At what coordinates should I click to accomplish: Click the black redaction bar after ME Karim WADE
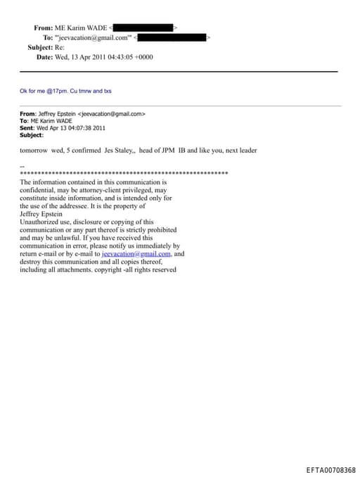[x=143, y=27]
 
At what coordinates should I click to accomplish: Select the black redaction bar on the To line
[x=172, y=37]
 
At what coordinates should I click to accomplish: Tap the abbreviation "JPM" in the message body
[x=173, y=151]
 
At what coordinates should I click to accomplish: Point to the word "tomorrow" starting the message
[x=33, y=151]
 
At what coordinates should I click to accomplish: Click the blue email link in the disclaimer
[x=136, y=254]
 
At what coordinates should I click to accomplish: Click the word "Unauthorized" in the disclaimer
[x=41, y=222]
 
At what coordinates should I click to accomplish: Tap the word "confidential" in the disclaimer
[x=40, y=190]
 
